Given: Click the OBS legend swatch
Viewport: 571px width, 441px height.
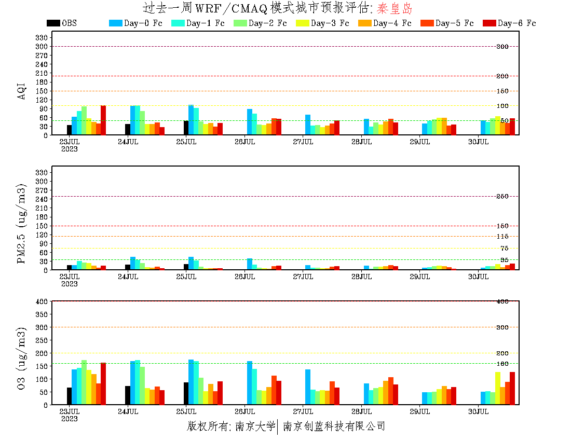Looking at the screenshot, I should [x=53, y=23].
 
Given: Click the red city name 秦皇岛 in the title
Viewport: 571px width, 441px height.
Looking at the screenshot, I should [x=395, y=8].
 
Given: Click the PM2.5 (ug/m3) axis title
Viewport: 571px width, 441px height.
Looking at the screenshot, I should [x=22, y=223].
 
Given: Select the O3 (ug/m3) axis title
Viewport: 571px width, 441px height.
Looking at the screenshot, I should [x=22, y=358].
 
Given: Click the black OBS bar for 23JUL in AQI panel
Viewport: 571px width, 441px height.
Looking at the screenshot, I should [x=69, y=130].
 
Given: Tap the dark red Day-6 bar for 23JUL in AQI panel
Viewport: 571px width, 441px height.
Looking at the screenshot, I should [x=103, y=120].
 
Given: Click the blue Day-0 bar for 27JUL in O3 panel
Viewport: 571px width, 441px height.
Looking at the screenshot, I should [x=308, y=387].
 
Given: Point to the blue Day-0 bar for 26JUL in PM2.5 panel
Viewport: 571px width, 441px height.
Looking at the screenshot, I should [x=250, y=264].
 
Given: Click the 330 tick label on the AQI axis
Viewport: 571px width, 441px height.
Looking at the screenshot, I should [x=42, y=37].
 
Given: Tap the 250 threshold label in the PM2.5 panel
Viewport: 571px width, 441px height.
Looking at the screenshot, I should [x=502, y=196].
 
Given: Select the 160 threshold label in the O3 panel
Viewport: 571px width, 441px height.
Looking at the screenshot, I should [x=502, y=364].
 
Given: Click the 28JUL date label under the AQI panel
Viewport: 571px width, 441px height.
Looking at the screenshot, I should [x=361, y=142].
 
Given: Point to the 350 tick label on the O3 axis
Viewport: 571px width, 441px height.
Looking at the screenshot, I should [x=42, y=314].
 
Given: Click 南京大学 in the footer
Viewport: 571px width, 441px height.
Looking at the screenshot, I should [x=255, y=426].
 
